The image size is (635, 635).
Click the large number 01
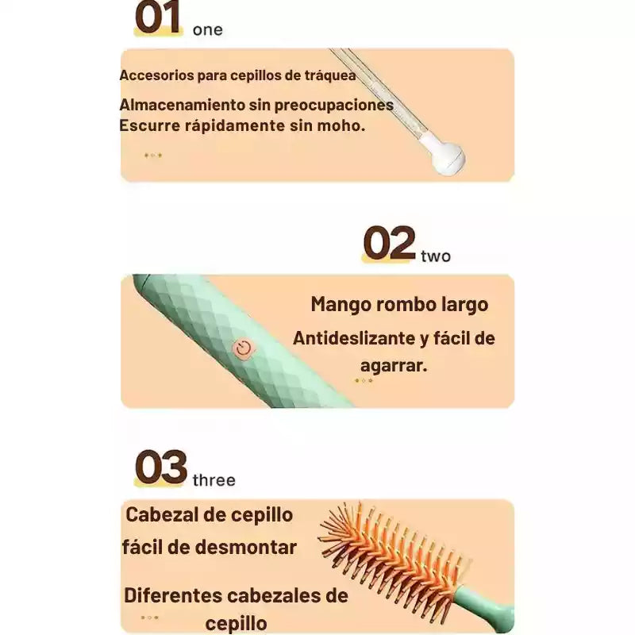click(x=158, y=17)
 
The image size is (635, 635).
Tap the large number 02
click(x=389, y=243)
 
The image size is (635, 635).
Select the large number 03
click(x=161, y=467)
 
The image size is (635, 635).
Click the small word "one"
click(x=208, y=30)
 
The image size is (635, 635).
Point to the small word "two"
click(x=436, y=256)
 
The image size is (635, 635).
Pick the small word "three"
click(x=214, y=480)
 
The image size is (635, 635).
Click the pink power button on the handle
click(x=244, y=348)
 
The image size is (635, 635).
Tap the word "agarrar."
click(x=394, y=366)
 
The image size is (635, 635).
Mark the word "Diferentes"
click(x=173, y=595)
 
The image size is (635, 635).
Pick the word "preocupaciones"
click(x=334, y=106)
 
